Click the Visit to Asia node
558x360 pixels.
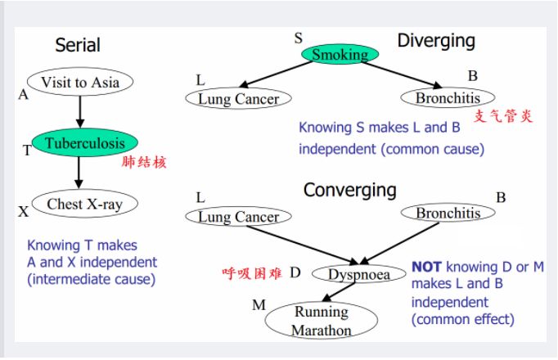79,82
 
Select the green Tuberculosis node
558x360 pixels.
84,143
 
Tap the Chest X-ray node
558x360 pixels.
84,204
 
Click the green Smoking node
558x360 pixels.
340,55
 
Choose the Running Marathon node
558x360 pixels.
322,321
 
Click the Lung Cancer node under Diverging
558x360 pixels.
239,99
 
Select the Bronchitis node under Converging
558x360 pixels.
448,214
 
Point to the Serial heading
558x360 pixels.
78,45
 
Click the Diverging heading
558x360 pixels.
436,41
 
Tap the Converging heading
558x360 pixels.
349,191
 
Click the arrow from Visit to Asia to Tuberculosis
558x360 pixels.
79,110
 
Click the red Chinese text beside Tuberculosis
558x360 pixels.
143,162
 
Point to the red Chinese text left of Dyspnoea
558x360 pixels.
252,273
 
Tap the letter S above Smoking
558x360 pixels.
299,38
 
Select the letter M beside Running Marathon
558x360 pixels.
259,305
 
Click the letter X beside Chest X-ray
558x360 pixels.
23,212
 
